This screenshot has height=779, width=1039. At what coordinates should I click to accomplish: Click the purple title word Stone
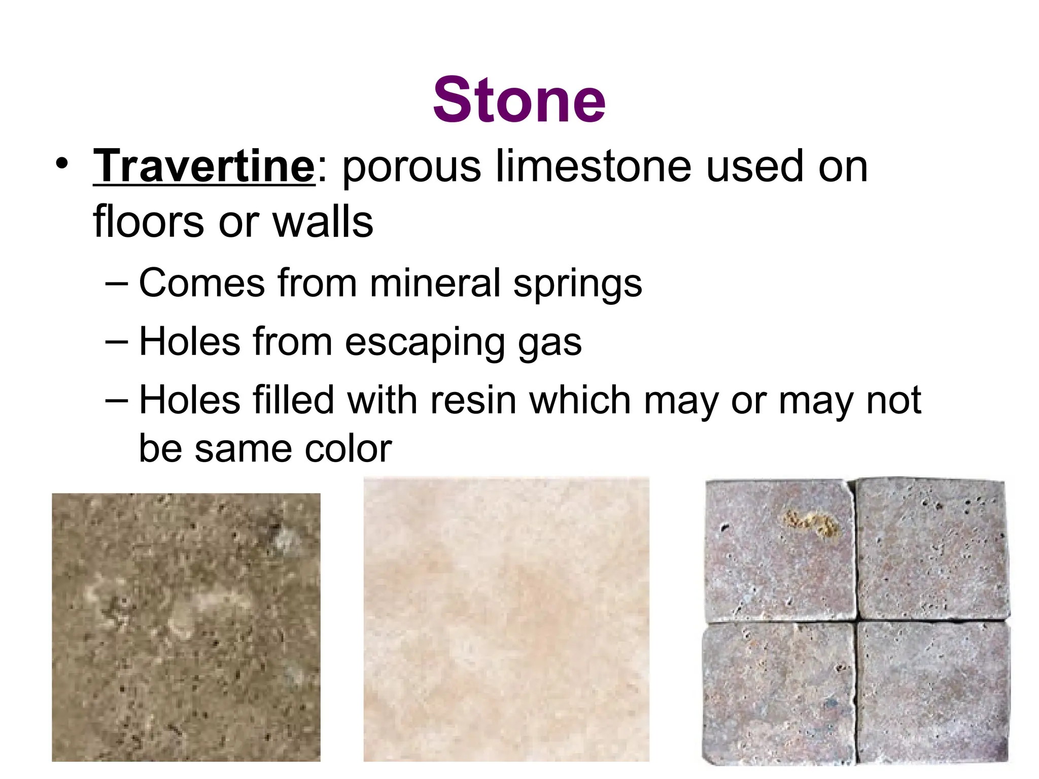click(x=519, y=100)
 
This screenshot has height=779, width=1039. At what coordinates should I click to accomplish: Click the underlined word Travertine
click(x=204, y=166)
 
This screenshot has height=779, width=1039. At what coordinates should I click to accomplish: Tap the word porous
click(x=411, y=167)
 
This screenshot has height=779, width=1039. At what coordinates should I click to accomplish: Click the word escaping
click(x=425, y=343)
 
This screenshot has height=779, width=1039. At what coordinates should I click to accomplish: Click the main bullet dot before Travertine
click(x=61, y=164)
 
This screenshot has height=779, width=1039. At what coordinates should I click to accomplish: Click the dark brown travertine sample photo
click(x=186, y=627)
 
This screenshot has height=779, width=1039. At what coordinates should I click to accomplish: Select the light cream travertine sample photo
click(x=506, y=619)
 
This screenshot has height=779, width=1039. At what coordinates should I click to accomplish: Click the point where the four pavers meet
click(x=856, y=620)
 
